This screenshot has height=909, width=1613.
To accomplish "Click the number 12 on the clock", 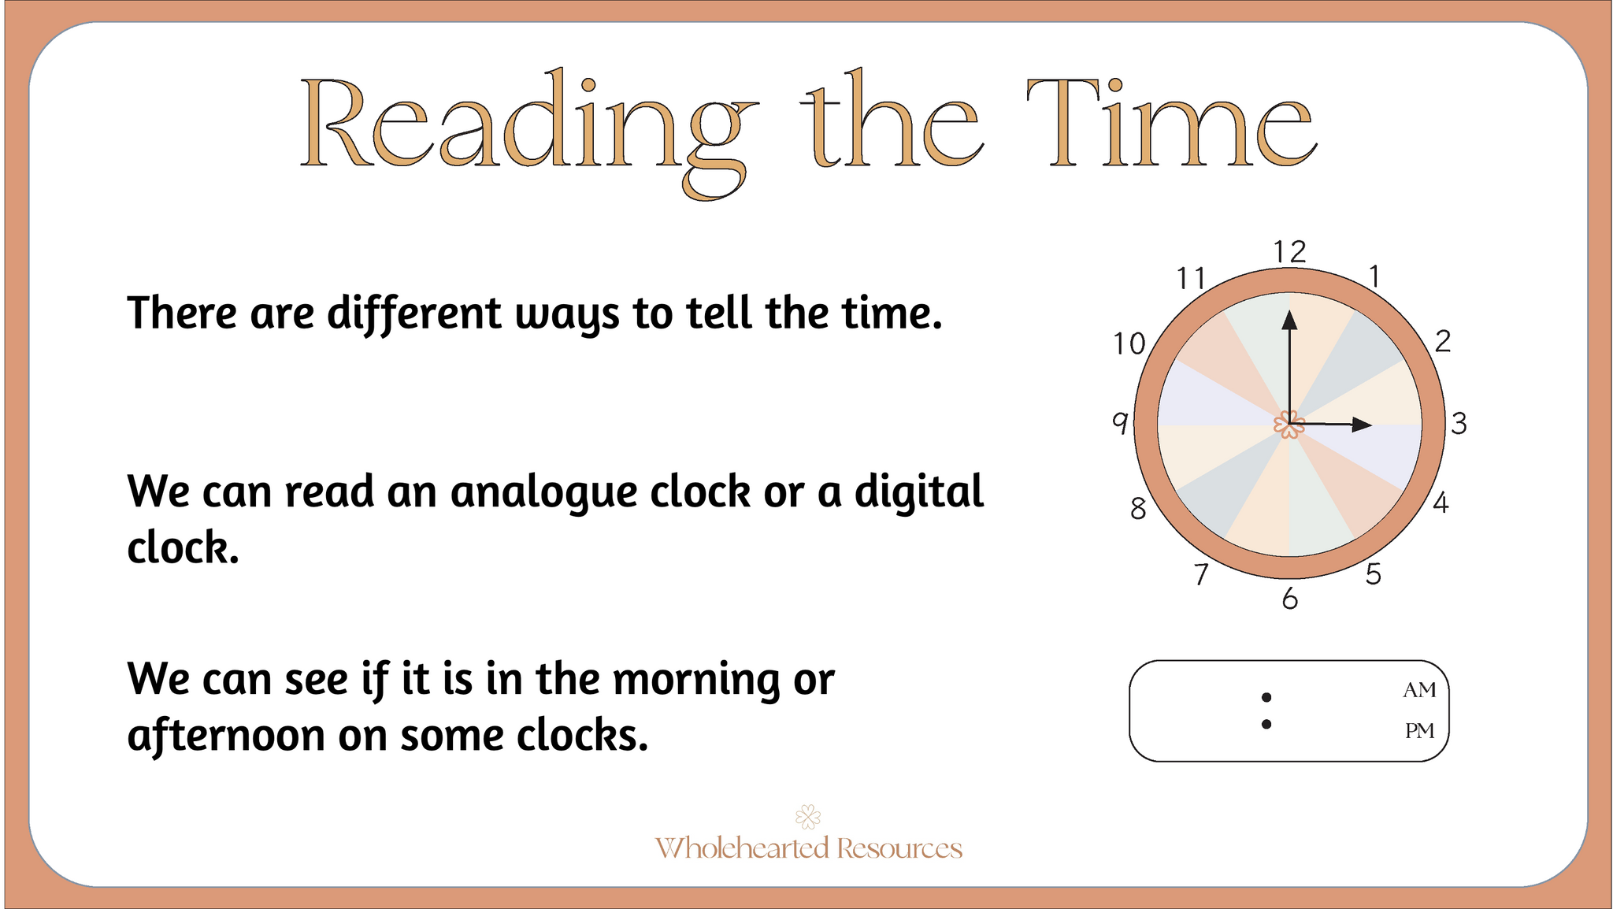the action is (1290, 252).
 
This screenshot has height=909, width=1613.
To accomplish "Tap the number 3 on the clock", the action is (1459, 424).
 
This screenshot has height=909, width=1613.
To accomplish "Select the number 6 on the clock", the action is (1289, 599).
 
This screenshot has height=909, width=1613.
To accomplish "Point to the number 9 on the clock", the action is (1120, 423).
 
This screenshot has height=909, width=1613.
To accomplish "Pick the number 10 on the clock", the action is (1129, 344).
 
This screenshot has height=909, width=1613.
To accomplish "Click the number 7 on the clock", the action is (1201, 575).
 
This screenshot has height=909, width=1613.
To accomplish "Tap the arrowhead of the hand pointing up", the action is (1289, 319).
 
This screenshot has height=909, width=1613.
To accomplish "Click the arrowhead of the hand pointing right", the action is (1362, 425).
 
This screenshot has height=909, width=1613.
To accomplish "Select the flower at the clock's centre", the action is (1289, 425).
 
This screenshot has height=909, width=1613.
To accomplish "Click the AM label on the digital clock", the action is (1419, 690).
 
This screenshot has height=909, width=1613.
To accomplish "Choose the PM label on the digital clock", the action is (1420, 731).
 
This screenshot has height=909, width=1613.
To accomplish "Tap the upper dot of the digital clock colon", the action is (1266, 697).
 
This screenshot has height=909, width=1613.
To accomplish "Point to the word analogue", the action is (599, 493).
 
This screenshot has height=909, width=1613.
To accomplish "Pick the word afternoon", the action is (225, 736).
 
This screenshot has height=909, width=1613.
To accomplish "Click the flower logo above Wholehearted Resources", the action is (808, 817).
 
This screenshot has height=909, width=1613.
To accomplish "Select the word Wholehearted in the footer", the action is (742, 848).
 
